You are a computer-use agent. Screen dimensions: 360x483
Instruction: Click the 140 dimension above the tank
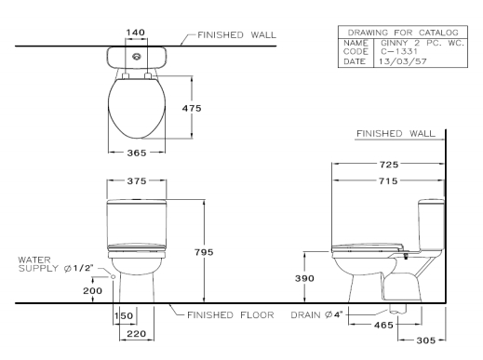(x=136, y=32)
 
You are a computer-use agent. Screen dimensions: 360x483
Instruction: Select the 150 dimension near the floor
(x=123, y=316)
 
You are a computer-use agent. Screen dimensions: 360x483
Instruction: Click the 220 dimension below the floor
(x=136, y=334)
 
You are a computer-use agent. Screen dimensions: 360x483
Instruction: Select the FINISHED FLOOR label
(x=229, y=315)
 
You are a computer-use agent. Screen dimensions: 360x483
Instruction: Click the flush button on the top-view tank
(x=137, y=56)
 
